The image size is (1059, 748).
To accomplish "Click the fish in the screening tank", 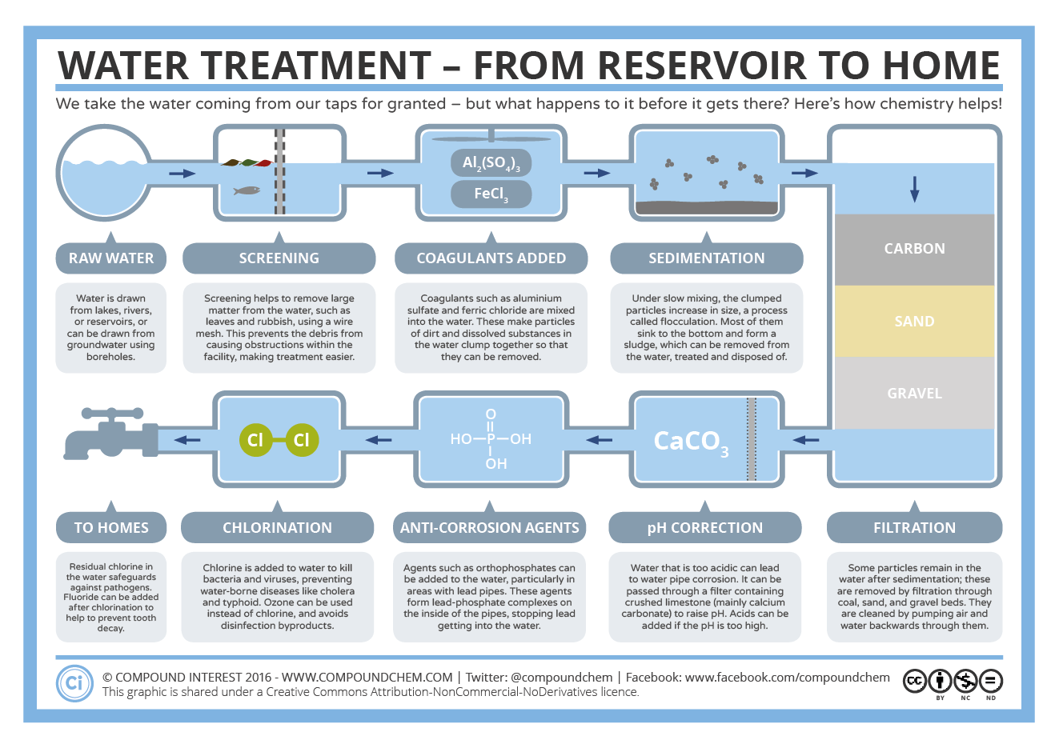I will click(247, 190).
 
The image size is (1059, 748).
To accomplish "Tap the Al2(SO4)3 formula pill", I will click(491, 163).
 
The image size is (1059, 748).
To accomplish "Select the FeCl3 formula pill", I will click(491, 194).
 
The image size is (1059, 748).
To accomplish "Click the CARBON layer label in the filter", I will click(914, 249).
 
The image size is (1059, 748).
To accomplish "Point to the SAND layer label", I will click(914, 322).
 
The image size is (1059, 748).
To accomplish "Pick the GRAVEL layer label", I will click(914, 394).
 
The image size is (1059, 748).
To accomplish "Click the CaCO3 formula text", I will click(690, 441).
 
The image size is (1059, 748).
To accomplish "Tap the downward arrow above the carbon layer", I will click(914, 190).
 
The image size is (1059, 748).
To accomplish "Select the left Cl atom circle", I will click(255, 440).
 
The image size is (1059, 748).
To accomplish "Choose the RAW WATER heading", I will click(111, 258).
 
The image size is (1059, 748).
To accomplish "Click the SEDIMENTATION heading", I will click(706, 258).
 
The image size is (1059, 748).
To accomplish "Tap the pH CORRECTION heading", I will click(704, 528).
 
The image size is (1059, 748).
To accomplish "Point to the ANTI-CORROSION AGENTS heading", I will click(490, 528).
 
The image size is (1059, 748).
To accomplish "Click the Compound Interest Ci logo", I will click(74, 682).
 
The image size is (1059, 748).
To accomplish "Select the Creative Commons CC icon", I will click(915, 681).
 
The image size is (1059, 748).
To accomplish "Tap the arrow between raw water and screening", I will click(183, 174).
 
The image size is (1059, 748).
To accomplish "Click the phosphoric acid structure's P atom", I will click(491, 438).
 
